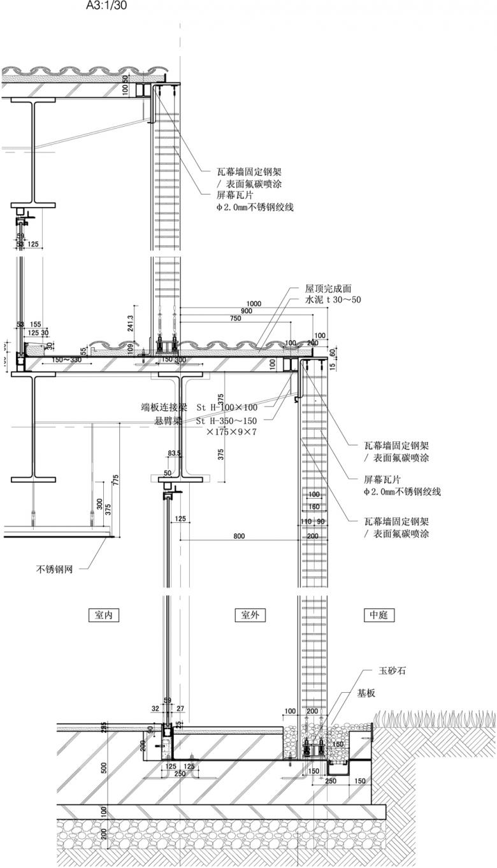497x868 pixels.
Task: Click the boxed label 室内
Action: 104,615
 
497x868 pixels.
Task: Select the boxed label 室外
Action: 250,615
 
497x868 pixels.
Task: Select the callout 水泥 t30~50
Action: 333,299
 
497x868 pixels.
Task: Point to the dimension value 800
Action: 239,536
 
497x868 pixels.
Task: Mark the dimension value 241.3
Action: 131,324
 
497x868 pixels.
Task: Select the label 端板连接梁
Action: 164,407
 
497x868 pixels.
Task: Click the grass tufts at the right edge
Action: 433,719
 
